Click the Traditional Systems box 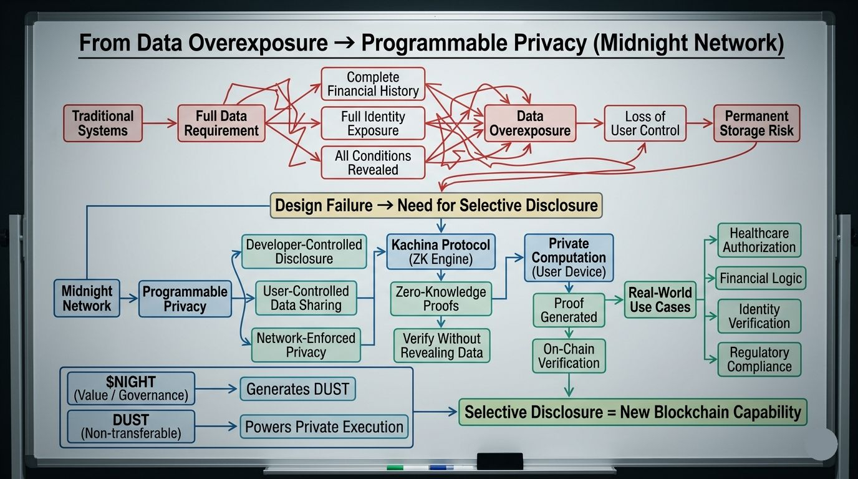click(x=103, y=123)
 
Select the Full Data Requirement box click(x=221, y=123)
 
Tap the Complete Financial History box click(x=373, y=84)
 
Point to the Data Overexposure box click(x=529, y=123)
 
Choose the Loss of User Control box click(x=645, y=123)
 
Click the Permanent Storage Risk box click(x=756, y=123)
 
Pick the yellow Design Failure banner click(x=436, y=205)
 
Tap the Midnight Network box click(x=87, y=298)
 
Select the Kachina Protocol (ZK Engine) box click(x=440, y=251)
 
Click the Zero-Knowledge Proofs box click(x=441, y=299)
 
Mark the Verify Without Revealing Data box click(x=441, y=346)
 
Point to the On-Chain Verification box click(x=569, y=356)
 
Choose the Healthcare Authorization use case click(x=759, y=240)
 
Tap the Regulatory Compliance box click(x=759, y=360)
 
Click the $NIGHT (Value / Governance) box click(x=130, y=389)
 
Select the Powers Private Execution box click(x=324, y=427)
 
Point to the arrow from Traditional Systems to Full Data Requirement click(x=160, y=123)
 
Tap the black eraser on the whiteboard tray click(x=499, y=461)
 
